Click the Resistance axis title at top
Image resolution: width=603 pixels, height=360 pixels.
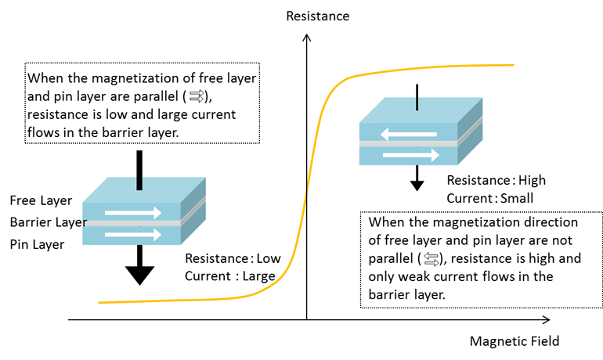[317, 16]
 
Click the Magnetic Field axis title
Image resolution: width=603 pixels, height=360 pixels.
[515, 341]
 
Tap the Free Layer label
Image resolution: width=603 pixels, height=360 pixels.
[41, 201]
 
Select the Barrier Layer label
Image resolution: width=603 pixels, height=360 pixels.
[48, 223]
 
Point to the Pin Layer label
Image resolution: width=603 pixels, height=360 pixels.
[37, 245]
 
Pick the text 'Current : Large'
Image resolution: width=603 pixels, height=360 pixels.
[229, 275]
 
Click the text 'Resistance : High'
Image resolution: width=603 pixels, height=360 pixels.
[496, 181]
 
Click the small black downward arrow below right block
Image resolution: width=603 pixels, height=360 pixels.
[417, 179]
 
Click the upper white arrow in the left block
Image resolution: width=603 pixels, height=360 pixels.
[133, 212]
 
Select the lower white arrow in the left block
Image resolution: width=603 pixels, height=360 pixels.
[133, 234]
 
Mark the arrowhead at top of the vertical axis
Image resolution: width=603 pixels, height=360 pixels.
[306, 38]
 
